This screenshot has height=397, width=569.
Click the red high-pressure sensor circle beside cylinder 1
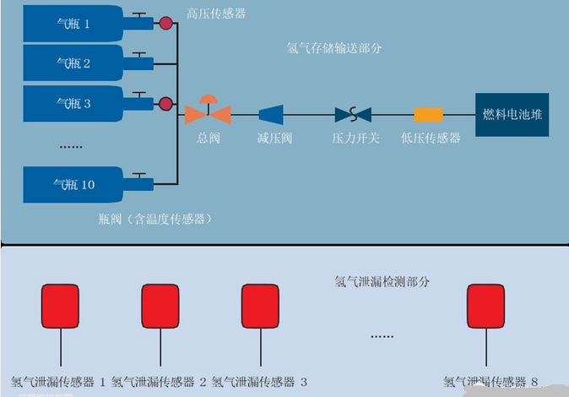(166, 24)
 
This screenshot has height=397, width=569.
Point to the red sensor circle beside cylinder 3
(166, 104)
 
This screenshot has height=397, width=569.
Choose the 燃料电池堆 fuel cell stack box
(512, 115)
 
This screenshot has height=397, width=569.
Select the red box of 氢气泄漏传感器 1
(61, 306)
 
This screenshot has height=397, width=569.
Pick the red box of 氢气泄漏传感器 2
(160, 306)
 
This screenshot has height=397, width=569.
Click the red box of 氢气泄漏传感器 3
(260, 306)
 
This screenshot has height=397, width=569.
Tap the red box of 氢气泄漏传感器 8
(487, 306)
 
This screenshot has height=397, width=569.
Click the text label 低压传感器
(431, 138)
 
